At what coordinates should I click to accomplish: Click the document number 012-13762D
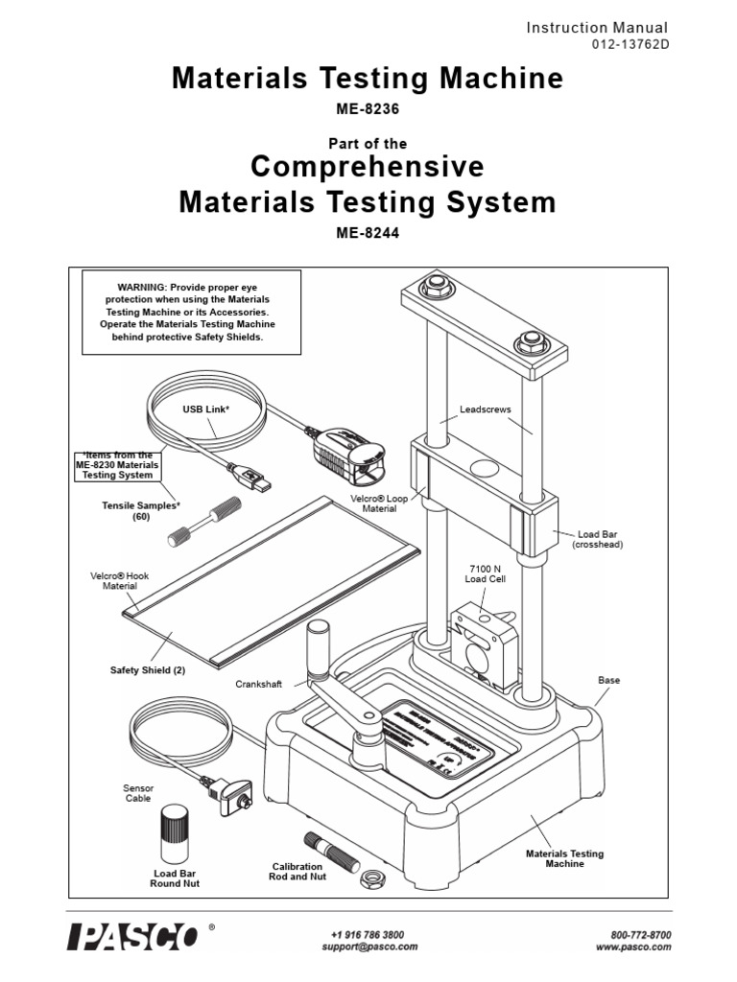pyautogui.click(x=630, y=45)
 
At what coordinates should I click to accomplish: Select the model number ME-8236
pyautogui.click(x=368, y=109)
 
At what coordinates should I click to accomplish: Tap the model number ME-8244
pyautogui.click(x=368, y=231)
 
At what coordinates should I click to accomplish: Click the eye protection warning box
pyautogui.click(x=192, y=312)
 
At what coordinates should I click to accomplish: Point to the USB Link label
pyautogui.click(x=207, y=409)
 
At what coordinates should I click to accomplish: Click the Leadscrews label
pyautogui.click(x=486, y=409)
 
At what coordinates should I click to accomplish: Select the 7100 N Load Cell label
pyautogui.click(x=480, y=573)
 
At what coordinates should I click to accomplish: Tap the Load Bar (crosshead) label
pyautogui.click(x=598, y=539)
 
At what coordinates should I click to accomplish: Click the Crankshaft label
pyautogui.click(x=258, y=685)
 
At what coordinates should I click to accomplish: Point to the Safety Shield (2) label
pyautogui.click(x=148, y=670)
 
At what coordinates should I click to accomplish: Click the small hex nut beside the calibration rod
pyautogui.click(x=368, y=877)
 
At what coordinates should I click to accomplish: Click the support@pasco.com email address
pyautogui.click(x=369, y=947)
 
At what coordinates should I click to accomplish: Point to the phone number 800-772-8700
pyautogui.click(x=640, y=934)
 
